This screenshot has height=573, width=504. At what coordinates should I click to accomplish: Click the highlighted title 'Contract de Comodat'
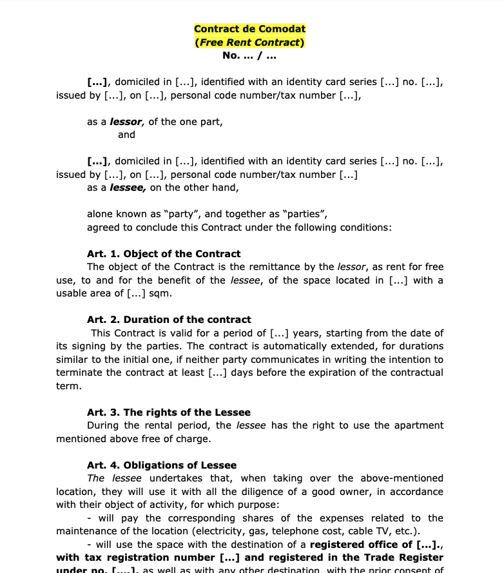pyautogui.click(x=249, y=29)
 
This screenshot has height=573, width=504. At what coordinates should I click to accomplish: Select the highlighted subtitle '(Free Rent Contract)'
pyautogui.click(x=249, y=43)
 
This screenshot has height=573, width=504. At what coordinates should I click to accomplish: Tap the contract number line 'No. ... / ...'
pyautogui.click(x=249, y=55)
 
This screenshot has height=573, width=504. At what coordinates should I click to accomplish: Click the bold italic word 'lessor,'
pyautogui.click(x=127, y=122)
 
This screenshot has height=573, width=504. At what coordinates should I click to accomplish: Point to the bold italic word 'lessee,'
pyautogui.click(x=128, y=188)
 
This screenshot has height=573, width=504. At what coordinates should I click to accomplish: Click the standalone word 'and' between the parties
pyautogui.click(x=126, y=135)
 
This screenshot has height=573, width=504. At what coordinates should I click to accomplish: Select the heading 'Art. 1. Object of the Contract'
pyautogui.click(x=164, y=254)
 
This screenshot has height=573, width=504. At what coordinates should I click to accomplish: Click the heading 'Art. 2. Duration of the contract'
pyautogui.click(x=169, y=320)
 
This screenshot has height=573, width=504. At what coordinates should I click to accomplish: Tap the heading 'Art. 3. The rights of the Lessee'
pyautogui.click(x=169, y=413)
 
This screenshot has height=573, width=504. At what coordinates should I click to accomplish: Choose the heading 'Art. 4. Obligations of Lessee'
pyautogui.click(x=162, y=465)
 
